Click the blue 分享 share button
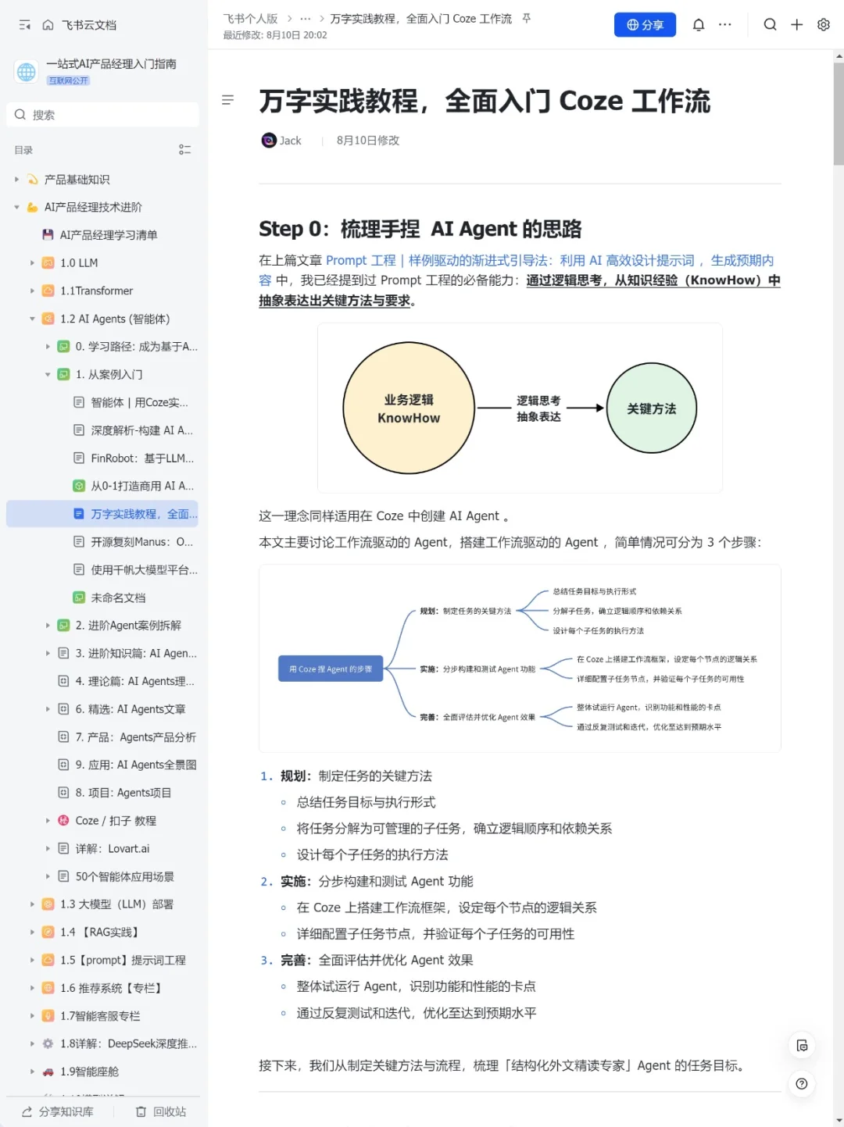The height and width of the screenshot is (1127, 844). coord(645,25)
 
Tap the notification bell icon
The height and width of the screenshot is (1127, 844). coord(699,25)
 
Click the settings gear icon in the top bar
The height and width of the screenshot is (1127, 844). coord(823,25)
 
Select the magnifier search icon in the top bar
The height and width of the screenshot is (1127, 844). coord(770,25)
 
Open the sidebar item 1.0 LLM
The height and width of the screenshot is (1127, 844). coord(79,263)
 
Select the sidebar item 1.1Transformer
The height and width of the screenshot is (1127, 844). coord(96,291)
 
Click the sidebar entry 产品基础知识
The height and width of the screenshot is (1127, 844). coord(77,180)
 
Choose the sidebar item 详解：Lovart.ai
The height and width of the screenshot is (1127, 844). coord(112,849)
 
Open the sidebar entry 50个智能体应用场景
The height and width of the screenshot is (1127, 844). coord(124,876)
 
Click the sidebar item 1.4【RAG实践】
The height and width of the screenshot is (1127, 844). coord(101,933)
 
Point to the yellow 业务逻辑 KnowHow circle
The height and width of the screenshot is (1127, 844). coord(409,408)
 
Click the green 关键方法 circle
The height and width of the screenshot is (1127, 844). coord(652,408)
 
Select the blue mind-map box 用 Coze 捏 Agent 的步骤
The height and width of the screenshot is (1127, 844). coord(331,669)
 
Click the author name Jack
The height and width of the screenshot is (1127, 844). coord(290,141)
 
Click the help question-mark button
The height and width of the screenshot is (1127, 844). coord(801,1084)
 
